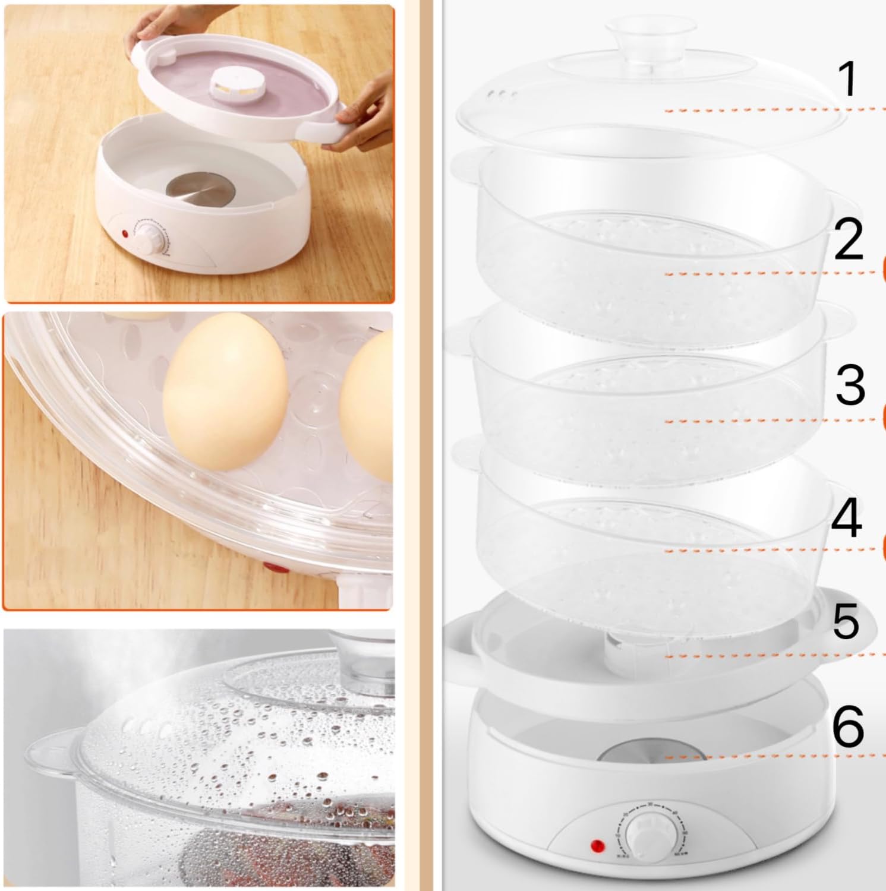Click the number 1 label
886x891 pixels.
click(849, 80)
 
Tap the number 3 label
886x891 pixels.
click(850, 384)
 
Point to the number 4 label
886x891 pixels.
click(846, 518)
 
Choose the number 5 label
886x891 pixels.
click(846, 622)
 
